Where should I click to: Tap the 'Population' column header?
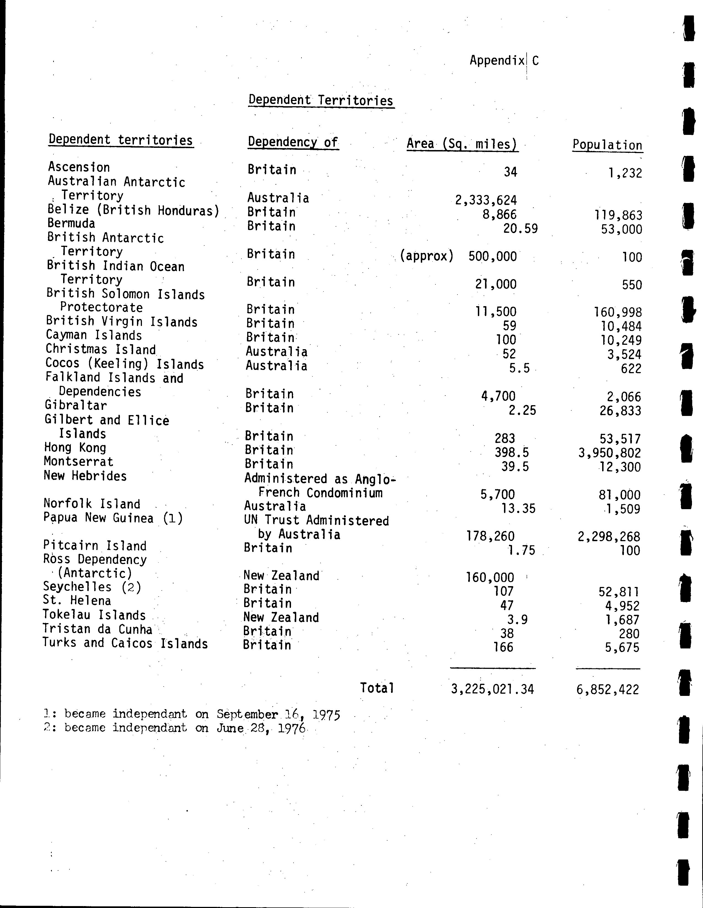click(607, 145)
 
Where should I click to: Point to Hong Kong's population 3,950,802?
click(610, 453)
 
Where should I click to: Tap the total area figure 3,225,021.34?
click(492, 689)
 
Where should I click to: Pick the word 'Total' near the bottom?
click(377, 688)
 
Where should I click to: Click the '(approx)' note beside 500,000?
click(426, 256)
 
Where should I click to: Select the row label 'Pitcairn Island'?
click(95, 546)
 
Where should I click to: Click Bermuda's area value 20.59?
click(520, 229)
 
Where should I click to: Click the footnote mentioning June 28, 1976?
click(174, 728)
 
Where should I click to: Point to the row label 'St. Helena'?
click(77, 601)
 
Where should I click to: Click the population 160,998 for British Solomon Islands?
click(618, 312)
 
